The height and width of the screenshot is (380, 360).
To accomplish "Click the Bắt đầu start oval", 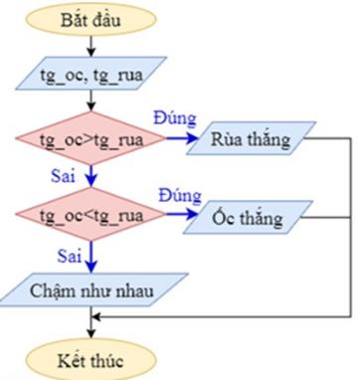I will pyautogui.click(x=91, y=19).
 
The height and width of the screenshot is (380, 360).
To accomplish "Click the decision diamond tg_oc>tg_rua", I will pyautogui.click(x=91, y=140).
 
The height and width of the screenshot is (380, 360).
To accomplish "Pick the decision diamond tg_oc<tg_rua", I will pyautogui.click(x=91, y=215).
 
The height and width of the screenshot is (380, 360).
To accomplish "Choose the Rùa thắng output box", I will pyautogui.click(x=251, y=140).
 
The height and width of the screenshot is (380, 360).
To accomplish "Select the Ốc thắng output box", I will pyautogui.click(x=251, y=215).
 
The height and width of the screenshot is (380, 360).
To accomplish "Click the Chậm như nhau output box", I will pyautogui.click(x=91, y=290).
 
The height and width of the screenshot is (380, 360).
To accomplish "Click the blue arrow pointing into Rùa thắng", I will pyautogui.click(x=179, y=140).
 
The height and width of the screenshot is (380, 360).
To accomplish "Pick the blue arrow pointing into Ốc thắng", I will pyautogui.click(x=179, y=215).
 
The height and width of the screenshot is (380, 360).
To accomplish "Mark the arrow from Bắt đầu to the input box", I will pyautogui.click(x=91, y=47).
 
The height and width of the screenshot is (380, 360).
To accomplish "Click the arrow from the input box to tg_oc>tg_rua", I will pyautogui.click(x=91, y=106).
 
